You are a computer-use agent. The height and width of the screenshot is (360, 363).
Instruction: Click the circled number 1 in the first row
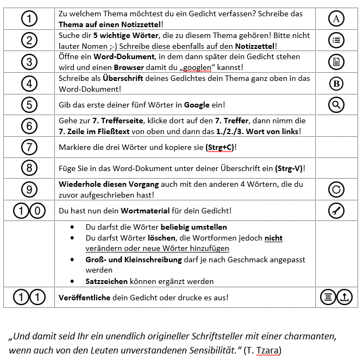tap(29, 18)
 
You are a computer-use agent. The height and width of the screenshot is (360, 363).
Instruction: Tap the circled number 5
tap(29, 104)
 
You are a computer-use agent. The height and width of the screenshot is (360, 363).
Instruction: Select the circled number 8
tap(29, 169)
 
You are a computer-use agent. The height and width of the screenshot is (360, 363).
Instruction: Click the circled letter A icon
tap(336, 18)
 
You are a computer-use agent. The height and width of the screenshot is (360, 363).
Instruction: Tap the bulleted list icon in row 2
tap(336, 40)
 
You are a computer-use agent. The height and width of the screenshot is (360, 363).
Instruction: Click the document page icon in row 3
tap(336, 61)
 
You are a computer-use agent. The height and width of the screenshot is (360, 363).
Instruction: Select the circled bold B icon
tap(336, 83)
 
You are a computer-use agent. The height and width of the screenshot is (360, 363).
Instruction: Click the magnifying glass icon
tap(336, 104)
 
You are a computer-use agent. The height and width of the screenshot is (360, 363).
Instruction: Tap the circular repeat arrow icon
tap(336, 190)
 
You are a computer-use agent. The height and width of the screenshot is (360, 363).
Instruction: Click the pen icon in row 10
tap(336, 211)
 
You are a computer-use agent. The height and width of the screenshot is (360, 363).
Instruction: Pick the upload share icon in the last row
tap(345, 297)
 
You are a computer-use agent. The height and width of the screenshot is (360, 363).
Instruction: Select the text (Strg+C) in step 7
tap(220, 147)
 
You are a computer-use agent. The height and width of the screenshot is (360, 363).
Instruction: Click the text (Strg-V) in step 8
tap(290, 169)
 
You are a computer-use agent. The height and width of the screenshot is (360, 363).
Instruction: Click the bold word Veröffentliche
tap(84, 298)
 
